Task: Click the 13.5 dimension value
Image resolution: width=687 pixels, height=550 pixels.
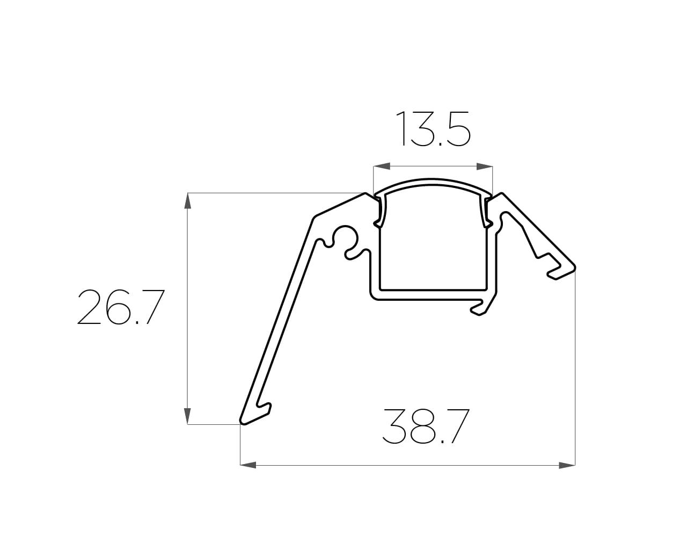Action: tap(433, 129)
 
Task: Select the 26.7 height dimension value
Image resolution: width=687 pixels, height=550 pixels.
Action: tap(121, 307)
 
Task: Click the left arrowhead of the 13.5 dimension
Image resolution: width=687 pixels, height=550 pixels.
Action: tap(382, 166)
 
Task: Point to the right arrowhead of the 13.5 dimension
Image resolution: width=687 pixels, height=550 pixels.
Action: tap(484, 166)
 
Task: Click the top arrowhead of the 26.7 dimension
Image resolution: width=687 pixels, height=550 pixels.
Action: tap(188, 201)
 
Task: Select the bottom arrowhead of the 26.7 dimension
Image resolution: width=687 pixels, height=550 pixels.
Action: tap(188, 416)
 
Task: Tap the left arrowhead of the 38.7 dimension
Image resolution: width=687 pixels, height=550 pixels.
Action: tap(248, 465)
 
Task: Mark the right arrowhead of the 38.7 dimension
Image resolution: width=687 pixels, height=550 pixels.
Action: tap(567, 465)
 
